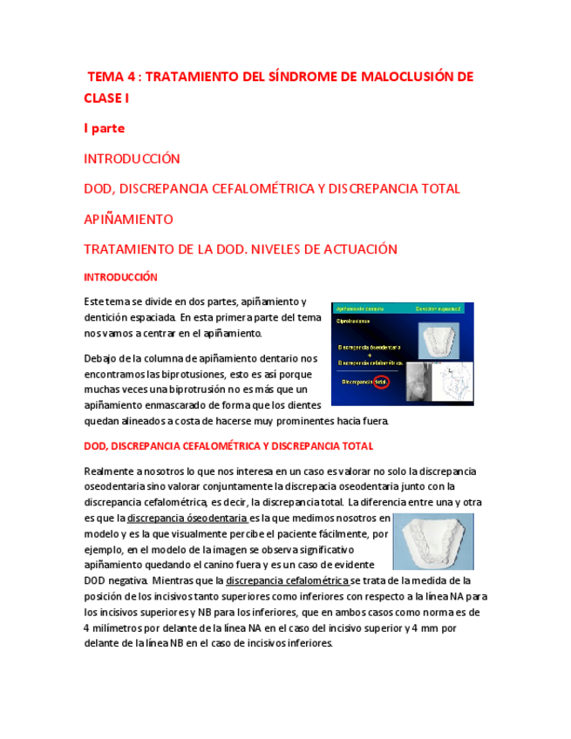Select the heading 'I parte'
coord(104,128)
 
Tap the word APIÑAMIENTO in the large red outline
coord(127,219)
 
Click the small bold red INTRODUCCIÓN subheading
coord(120,277)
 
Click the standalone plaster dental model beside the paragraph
coord(432,540)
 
